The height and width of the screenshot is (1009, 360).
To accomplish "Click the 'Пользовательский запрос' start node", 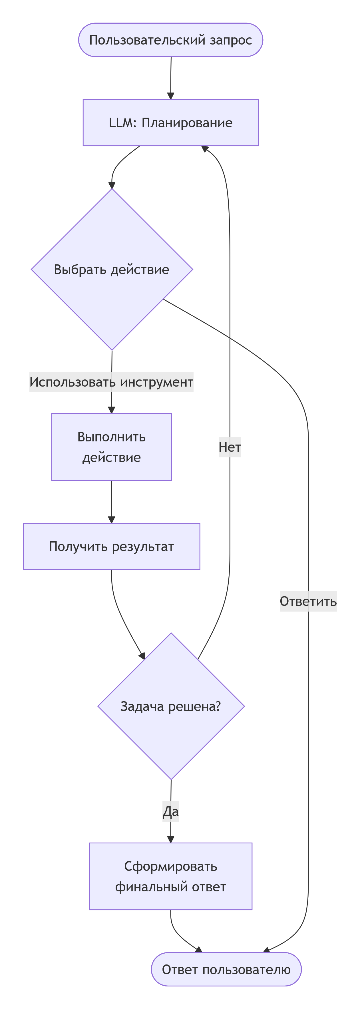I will (170, 40).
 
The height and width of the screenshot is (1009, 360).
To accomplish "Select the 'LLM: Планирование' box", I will (170, 122).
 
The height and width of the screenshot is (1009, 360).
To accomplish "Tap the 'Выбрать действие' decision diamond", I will (112, 270).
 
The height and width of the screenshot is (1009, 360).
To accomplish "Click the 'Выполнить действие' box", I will (112, 447).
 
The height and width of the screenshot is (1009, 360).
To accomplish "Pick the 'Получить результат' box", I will (112, 546).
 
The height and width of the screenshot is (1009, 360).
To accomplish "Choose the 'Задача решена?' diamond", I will (171, 706).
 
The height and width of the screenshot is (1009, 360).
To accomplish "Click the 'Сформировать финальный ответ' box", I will (170, 876).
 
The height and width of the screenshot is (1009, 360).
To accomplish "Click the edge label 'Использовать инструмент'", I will (112, 382).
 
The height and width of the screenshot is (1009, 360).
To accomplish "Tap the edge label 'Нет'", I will (230, 447).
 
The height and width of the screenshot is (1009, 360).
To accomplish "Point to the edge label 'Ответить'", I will (308, 601).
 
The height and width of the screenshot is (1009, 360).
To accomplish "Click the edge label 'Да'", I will (171, 811).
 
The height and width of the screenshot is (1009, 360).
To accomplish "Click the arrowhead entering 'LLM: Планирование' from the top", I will (170, 96).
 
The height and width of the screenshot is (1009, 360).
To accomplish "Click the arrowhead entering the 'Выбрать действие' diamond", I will (112, 185).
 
